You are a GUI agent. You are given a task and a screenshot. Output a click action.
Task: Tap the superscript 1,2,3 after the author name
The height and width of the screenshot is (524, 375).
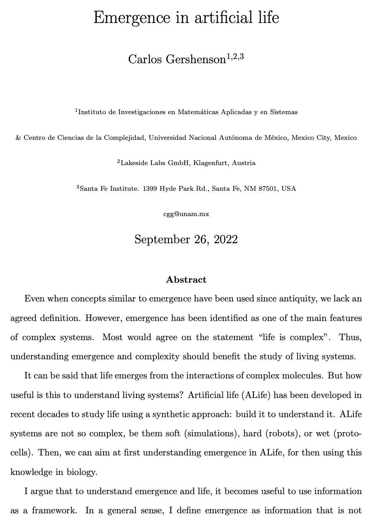pyautogui.click(x=235, y=57)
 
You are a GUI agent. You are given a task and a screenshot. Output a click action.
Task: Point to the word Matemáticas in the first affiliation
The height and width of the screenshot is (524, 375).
pyautogui.click(x=198, y=112)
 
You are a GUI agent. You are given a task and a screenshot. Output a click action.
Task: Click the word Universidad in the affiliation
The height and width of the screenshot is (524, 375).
pyautogui.click(x=168, y=138)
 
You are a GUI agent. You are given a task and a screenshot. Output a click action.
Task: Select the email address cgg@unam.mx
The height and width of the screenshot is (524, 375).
pyautogui.click(x=186, y=214)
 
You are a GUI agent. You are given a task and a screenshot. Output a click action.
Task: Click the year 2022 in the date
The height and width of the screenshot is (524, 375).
pyautogui.click(x=226, y=239)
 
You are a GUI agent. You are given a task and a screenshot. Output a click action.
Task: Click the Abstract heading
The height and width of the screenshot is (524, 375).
pyautogui.click(x=186, y=280)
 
